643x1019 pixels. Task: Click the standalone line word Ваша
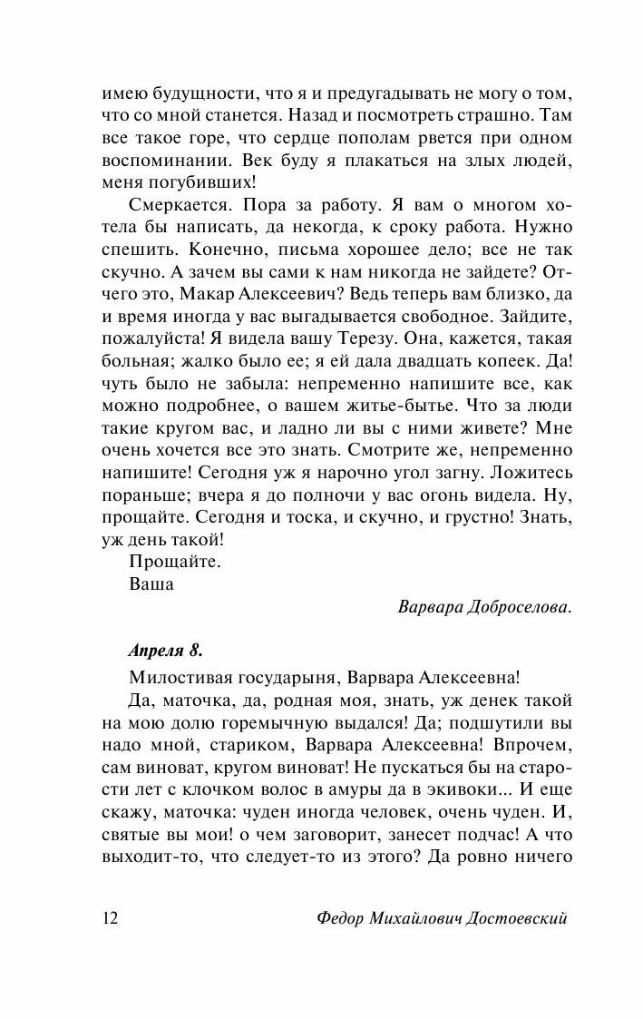click(x=151, y=584)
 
